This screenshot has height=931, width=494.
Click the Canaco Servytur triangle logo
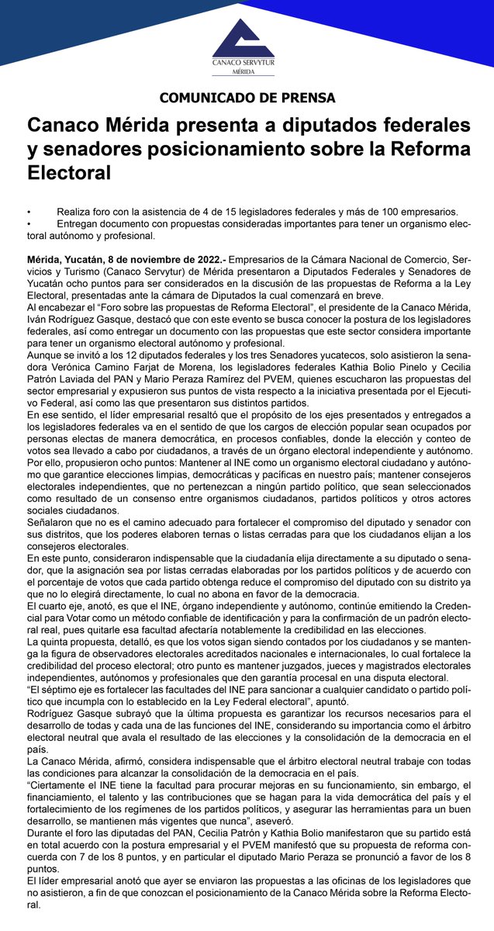(x=243, y=35)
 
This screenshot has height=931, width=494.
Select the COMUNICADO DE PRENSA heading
(x=247, y=99)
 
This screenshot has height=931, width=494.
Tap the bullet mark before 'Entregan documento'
(x=29, y=223)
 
